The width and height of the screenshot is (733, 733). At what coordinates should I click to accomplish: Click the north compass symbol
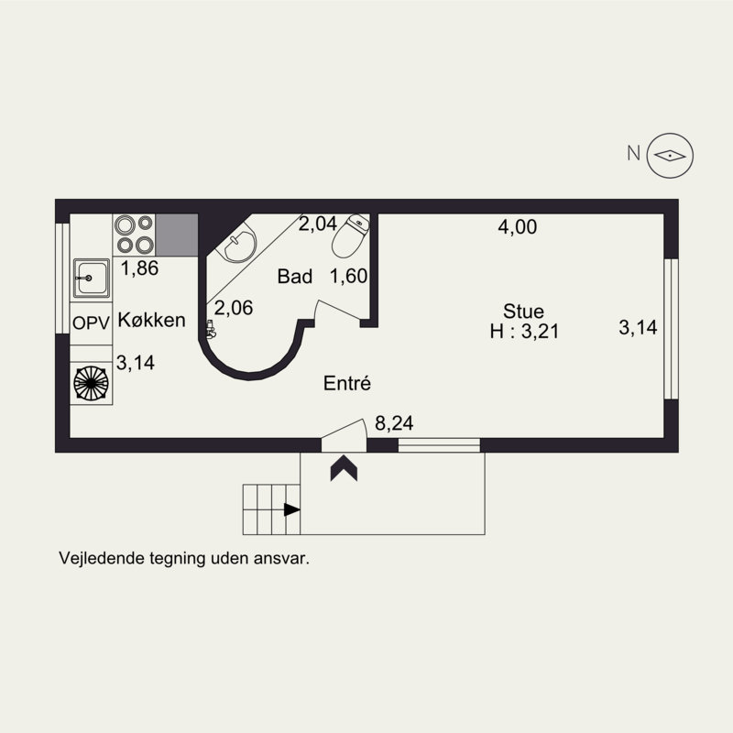(x=671, y=155)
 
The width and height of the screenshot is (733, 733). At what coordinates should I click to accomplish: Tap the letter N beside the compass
(x=632, y=154)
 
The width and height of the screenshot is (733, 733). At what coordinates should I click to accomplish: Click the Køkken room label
(x=152, y=321)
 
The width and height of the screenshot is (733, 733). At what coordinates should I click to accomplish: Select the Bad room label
(x=296, y=276)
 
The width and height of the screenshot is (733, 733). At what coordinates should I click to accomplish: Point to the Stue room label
(x=523, y=311)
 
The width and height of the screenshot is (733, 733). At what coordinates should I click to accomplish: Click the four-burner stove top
(x=134, y=235)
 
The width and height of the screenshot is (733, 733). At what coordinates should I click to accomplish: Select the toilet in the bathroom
(x=349, y=239)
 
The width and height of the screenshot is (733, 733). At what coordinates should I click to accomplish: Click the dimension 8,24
(x=394, y=423)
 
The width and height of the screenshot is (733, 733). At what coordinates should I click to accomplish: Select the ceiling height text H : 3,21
(x=523, y=331)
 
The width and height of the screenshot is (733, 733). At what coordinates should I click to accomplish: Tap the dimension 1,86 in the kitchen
(x=140, y=268)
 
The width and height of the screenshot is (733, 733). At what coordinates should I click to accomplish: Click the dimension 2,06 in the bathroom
(x=234, y=309)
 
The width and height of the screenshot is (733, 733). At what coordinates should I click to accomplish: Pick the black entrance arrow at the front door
(x=345, y=467)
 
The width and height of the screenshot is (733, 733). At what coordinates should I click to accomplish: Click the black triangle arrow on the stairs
(x=291, y=510)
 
